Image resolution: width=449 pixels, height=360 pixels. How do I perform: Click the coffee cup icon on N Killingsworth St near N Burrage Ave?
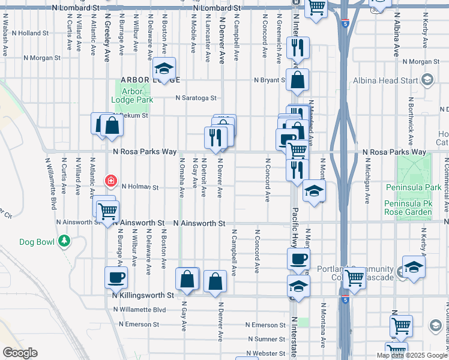pyautogui.click(x=116, y=277)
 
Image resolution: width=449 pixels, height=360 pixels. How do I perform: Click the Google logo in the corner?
pyautogui.click(x=20, y=353)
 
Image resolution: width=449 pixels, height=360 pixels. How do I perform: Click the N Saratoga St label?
pyautogui.click(x=196, y=98)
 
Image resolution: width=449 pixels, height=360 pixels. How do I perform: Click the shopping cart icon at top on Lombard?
pyautogui.click(x=316, y=7)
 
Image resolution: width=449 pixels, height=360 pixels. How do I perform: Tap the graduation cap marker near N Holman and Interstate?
pyautogui.click(x=314, y=191)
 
